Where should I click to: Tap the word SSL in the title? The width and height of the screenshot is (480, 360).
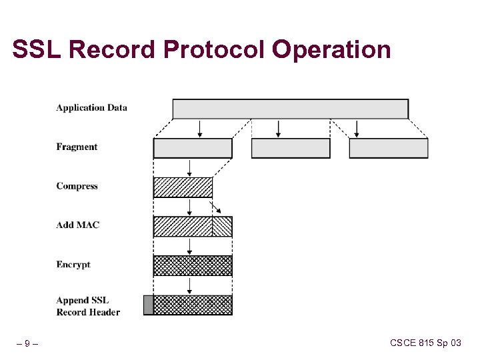tap(37, 50)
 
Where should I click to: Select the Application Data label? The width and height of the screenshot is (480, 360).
tap(91, 107)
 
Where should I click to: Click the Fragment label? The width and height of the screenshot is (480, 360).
tap(77, 147)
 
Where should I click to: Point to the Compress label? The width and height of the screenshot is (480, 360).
tap(77, 186)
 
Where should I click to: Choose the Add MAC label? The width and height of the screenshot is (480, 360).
tap(77, 225)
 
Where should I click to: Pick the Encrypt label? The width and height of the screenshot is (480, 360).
tap(73, 265)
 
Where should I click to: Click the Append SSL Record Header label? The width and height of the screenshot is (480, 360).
tap(88, 306)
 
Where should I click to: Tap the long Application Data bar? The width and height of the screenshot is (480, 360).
tap(290, 109)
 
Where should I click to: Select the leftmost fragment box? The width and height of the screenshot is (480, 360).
tap(193, 148)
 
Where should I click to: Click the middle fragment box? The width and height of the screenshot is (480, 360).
tap(290, 148)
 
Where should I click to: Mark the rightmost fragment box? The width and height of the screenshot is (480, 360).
tap(388, 148)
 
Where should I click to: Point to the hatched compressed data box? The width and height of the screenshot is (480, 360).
tap(183, 187)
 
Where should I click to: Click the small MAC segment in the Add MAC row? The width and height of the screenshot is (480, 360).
tap(222, 227)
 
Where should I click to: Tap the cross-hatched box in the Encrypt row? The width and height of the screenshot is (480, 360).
tap(193, 265)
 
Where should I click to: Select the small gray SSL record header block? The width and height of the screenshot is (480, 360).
tap(148, 305)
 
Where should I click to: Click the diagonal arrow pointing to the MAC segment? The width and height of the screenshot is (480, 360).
tap(215, 206)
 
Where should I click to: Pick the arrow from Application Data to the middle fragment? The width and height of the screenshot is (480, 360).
tap(278, 129)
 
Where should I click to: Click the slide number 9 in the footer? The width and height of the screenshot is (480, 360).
tap(27, 344)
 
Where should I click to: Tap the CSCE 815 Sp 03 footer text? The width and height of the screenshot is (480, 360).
tap(425, 343)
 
